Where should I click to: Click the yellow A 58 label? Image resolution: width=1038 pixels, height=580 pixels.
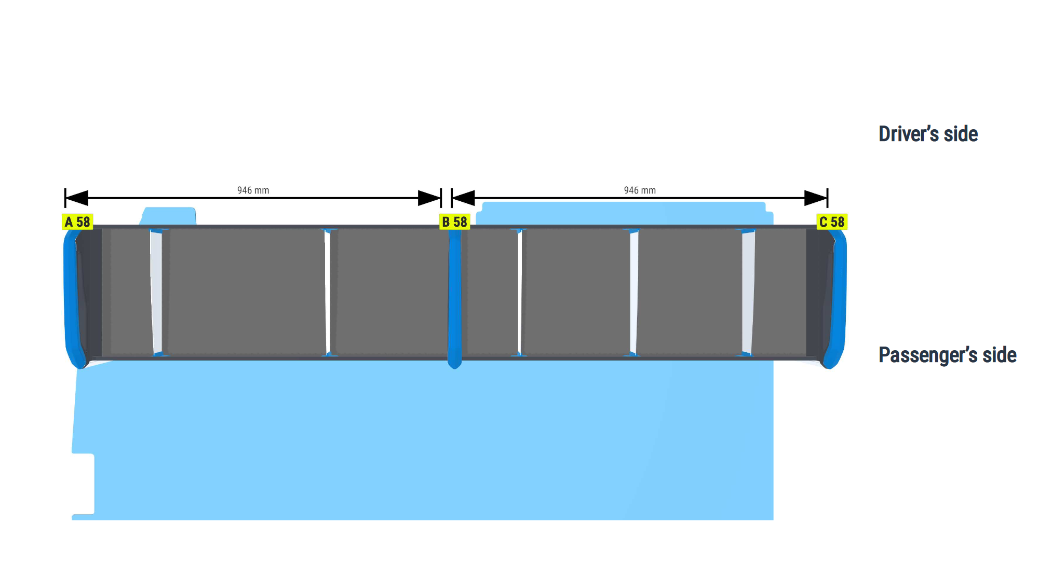[x=77, y=222]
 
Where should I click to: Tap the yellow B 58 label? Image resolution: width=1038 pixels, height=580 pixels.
[x=454, y=222]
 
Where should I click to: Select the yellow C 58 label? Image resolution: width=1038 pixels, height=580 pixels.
[x=832, y=222]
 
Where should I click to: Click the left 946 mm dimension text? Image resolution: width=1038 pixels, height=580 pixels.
[x=253, y=190]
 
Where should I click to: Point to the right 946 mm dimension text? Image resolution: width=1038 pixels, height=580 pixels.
[x=640, y=190]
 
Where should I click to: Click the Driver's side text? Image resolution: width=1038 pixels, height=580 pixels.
[x=928, y=134]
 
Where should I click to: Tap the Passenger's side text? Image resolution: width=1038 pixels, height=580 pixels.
[x=947, y=355]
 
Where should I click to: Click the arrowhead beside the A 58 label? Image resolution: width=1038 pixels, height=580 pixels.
[x=77, y=198]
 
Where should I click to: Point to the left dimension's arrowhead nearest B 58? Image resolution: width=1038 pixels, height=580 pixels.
[x=429, y=198]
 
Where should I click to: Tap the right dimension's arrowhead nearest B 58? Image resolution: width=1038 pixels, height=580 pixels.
[x=463, y=198]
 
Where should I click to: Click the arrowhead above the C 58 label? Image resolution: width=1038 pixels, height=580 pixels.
[x=816, y=198]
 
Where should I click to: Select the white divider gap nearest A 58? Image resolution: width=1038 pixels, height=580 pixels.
[x=156, y=293]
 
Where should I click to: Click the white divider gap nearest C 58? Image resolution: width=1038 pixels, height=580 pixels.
[x=748, y=293]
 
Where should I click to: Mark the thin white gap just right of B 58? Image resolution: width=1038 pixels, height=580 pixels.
[x=520, y=293]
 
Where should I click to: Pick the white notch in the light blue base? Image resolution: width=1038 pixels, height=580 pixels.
[x=83, y=484]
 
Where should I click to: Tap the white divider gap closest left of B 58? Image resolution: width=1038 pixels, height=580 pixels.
[x=328, y=293]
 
